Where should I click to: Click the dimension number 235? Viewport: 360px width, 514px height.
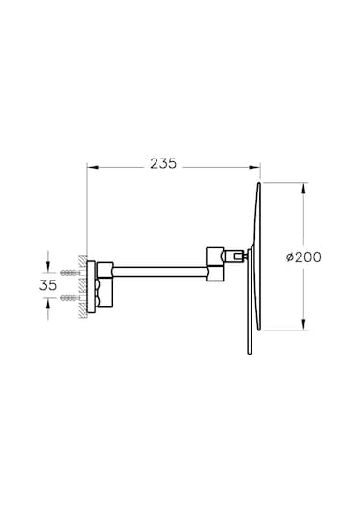(x=163, y=163)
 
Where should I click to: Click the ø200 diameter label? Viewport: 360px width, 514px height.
(x=303, y=257)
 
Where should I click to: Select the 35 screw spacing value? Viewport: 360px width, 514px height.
(x=48, y=285)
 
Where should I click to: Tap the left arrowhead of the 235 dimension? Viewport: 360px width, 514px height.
(x=93, y=167)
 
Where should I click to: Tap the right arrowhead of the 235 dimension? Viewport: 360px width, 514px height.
(x=254, y=167)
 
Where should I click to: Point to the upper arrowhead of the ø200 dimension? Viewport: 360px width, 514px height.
(x=304, y=188)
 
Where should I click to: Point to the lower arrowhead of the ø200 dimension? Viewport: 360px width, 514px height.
(x=304, y=324)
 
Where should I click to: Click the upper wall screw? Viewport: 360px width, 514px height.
(x=70, y=273)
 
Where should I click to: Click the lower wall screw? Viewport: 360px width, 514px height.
(x=70, y=298)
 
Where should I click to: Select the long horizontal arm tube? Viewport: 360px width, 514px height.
(x=160, y=273)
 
